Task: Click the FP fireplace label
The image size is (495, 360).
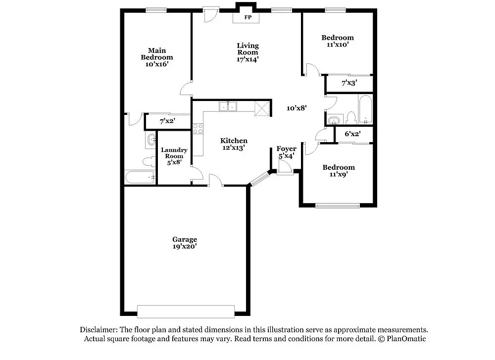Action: click(247, 17)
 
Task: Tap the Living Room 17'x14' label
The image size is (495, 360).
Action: click(247, 52)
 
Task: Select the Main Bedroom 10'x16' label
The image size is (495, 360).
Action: click(157, 57)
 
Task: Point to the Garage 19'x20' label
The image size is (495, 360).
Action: click(185, 243)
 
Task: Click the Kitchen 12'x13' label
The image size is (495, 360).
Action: click(234, 144)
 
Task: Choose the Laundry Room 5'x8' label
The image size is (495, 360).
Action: click(174, 155)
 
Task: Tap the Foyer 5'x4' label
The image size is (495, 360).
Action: click(286, 152)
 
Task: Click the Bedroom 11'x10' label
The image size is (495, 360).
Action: click(338, 41)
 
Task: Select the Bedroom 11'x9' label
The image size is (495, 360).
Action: click(339, 171)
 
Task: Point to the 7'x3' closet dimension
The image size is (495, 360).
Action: click(349, 83)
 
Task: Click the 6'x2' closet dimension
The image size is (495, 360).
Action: click(352, 134)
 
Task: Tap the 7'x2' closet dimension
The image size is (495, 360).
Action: click(167, 121)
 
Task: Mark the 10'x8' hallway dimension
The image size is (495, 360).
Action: click(297, 107)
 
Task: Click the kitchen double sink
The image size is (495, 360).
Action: click(228, 106)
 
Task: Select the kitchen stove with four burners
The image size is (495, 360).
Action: click(198, 129)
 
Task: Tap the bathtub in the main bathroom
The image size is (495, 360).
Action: click(140, 177)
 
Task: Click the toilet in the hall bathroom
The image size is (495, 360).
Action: click(351, 118)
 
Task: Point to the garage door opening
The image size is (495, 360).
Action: click(186, 311)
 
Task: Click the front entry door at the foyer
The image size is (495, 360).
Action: click(285, 171)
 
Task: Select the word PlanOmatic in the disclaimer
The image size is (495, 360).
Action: click(406, 339)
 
